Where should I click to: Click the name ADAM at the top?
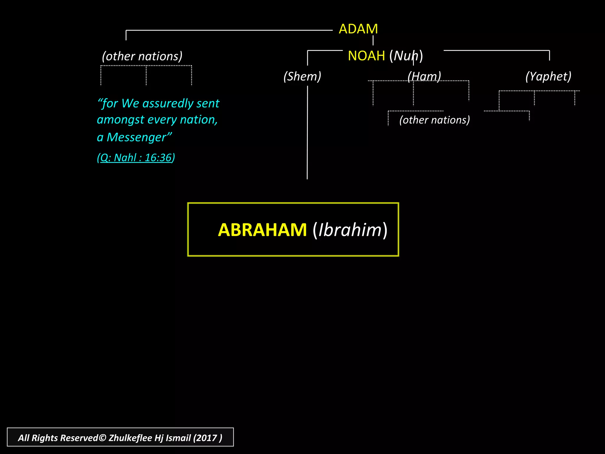[x=358, y=29]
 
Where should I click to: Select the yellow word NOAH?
[x=366, y=56]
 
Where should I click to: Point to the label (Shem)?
[x=302, y=76]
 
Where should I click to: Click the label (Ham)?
[x=424, y=76]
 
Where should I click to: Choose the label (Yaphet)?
[x=548, y=76]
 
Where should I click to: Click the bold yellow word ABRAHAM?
[x=262, y=230]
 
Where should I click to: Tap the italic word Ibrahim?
[x=350, y=230]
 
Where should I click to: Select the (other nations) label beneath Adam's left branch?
[x=142, y=56]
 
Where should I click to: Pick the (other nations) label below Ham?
[x=434, y=120]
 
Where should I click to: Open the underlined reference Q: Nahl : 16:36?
[x=136, y=158]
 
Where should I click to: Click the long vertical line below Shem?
[x=307, y=133]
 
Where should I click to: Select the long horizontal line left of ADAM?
[x=229, y=30]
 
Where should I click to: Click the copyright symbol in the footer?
[x=102, y=438]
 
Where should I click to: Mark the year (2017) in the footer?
[x=207, y=438]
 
